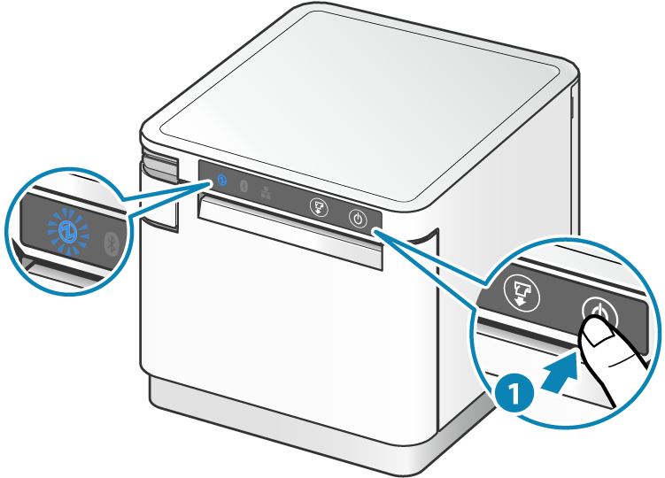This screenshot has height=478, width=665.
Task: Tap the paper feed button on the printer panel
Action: pyautogui.click(x=318, y=208)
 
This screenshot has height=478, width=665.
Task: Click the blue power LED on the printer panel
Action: pyautogui.click(x=221, y=181)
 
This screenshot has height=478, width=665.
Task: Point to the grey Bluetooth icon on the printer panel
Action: pyautogui.click(x=244, y=186)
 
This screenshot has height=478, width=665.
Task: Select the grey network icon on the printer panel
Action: pyautogui.click(x=266, y=191)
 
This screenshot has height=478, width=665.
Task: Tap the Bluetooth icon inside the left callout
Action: pyautogui.click(x=112, y=243)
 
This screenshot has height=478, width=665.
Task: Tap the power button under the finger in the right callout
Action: pyautogui.click(x=597, y=312)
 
